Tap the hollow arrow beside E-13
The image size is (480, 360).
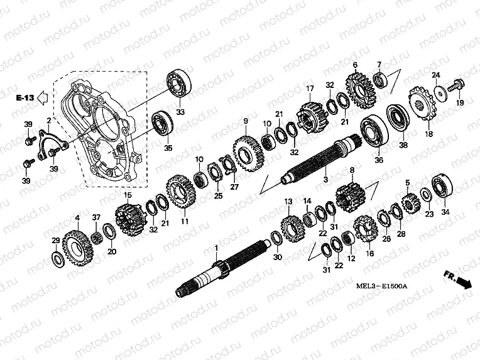pyautogui.click(x=43, y=97)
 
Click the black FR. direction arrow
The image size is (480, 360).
pyautogui.click(x=463, y=283)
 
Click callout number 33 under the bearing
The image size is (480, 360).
pyautogui.click(x=181, y=112)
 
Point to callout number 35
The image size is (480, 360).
pyautogui.click(x=168, y=148)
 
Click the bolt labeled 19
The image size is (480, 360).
pyautogui.click(x=457, y=84)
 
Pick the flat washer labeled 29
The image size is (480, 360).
pyautogui.click(x=57, y=258)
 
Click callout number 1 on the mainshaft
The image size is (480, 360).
pyautogui.click(x=215, y=249)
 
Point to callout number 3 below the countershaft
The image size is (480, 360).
pyautogui.click(x=325, y=180)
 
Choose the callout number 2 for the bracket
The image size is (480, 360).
pyautogui.click(x=48, y=120)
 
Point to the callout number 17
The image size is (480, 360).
pyautogui.click(x=309, y=88)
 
